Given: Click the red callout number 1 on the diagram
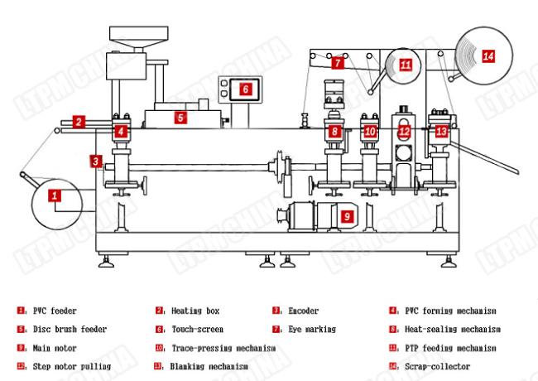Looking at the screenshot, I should click(55, 195).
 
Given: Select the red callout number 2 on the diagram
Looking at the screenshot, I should click(77, 121).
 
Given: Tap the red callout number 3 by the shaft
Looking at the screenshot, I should click(97, 161).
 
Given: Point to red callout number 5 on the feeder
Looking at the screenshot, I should click(180, 118).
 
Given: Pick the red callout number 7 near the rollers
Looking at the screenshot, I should click(338, 62).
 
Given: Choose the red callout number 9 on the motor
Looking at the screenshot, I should click(347, 216).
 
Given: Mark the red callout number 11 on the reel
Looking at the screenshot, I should click(405, 64).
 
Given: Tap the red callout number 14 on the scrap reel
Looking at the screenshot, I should click(488, 55).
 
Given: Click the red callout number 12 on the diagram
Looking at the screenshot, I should click(404, 131).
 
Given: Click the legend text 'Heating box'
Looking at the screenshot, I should click(195, 311).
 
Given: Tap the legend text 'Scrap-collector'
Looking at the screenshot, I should click(432, 365).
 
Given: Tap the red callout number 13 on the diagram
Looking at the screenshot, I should click(441, 131).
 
